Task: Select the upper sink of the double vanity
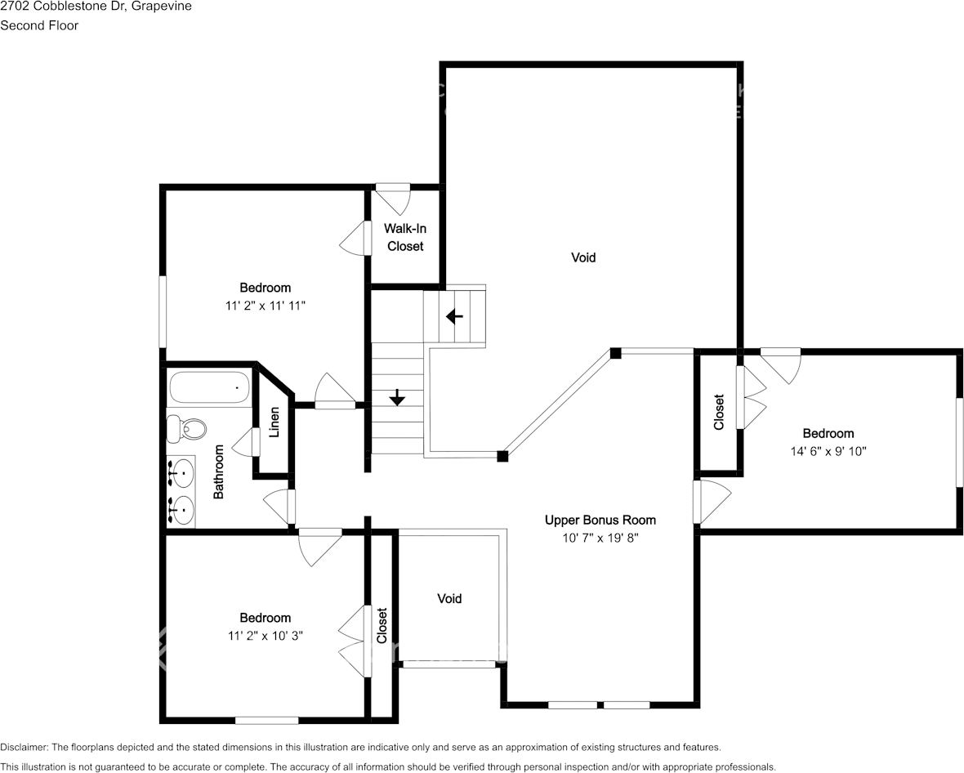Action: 181,471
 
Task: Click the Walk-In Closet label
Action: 405,238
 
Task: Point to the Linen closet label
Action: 274,422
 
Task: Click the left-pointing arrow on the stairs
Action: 454,315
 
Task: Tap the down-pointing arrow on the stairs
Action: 397,397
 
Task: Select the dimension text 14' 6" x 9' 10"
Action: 828,451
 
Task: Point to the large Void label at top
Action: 582,257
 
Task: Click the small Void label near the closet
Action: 449,599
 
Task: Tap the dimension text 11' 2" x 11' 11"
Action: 265,306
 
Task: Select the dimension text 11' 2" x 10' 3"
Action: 265,636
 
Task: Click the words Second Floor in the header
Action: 39,25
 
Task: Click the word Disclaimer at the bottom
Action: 25,747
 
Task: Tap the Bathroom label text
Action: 219,472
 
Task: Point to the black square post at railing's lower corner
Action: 503,456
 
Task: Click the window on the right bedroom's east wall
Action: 960,442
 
